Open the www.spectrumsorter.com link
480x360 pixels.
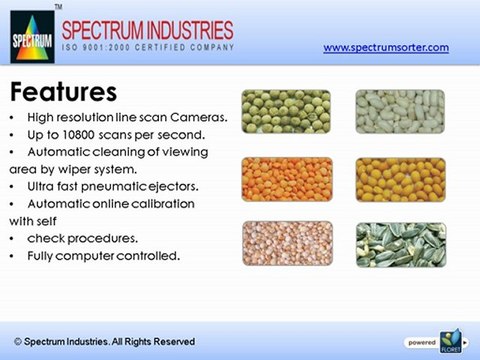[x=386, y=47]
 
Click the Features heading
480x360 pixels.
[x=63, y=93]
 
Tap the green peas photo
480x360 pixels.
[x=286, y=112]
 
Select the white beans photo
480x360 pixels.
[x=400, y=112]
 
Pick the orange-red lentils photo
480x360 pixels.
[x=286, y=178]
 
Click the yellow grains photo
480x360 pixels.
[x=400, y=178]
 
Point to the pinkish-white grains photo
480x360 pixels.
[x=286, y=243]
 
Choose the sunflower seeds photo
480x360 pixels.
[x=400, y=243]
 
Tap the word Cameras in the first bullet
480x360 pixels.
[x=202, y=118]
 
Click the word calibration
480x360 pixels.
[x=160, y=203]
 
